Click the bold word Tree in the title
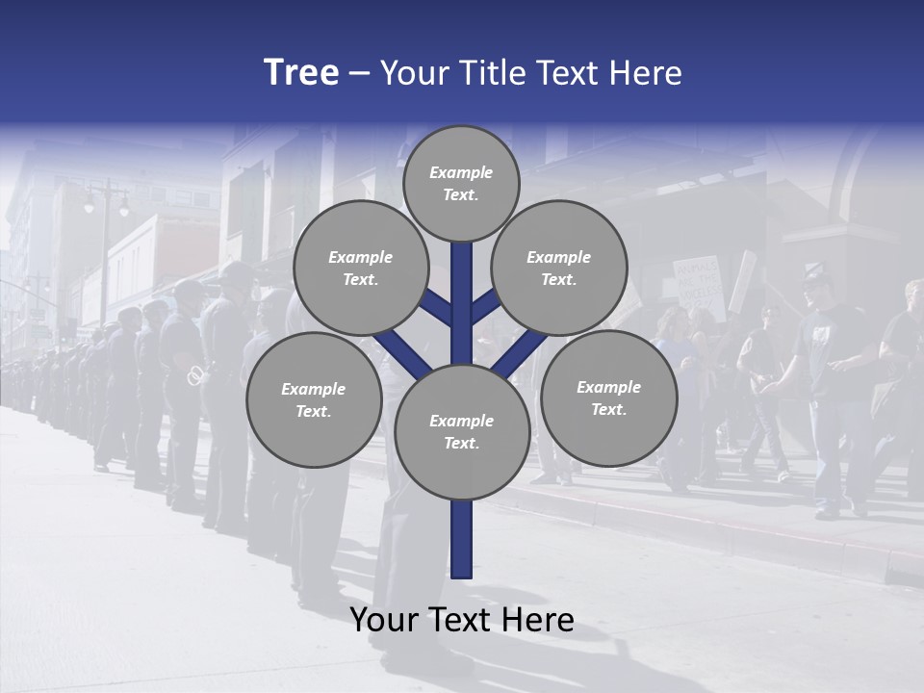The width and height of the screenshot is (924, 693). (301, 73)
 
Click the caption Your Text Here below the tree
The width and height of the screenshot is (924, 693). (462, 620)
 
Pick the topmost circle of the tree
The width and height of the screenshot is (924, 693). (461, 183)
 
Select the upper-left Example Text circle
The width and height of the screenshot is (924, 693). (360, 268)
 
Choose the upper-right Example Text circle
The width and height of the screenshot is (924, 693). (558, 268)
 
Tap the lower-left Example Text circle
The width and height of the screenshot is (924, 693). (313, 399)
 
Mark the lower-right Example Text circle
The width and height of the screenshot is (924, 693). (608, 398)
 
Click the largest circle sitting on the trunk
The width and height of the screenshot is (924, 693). (462, 431)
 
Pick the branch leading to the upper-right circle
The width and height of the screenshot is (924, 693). (485, 307)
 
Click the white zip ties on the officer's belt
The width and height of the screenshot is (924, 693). (196, 373)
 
